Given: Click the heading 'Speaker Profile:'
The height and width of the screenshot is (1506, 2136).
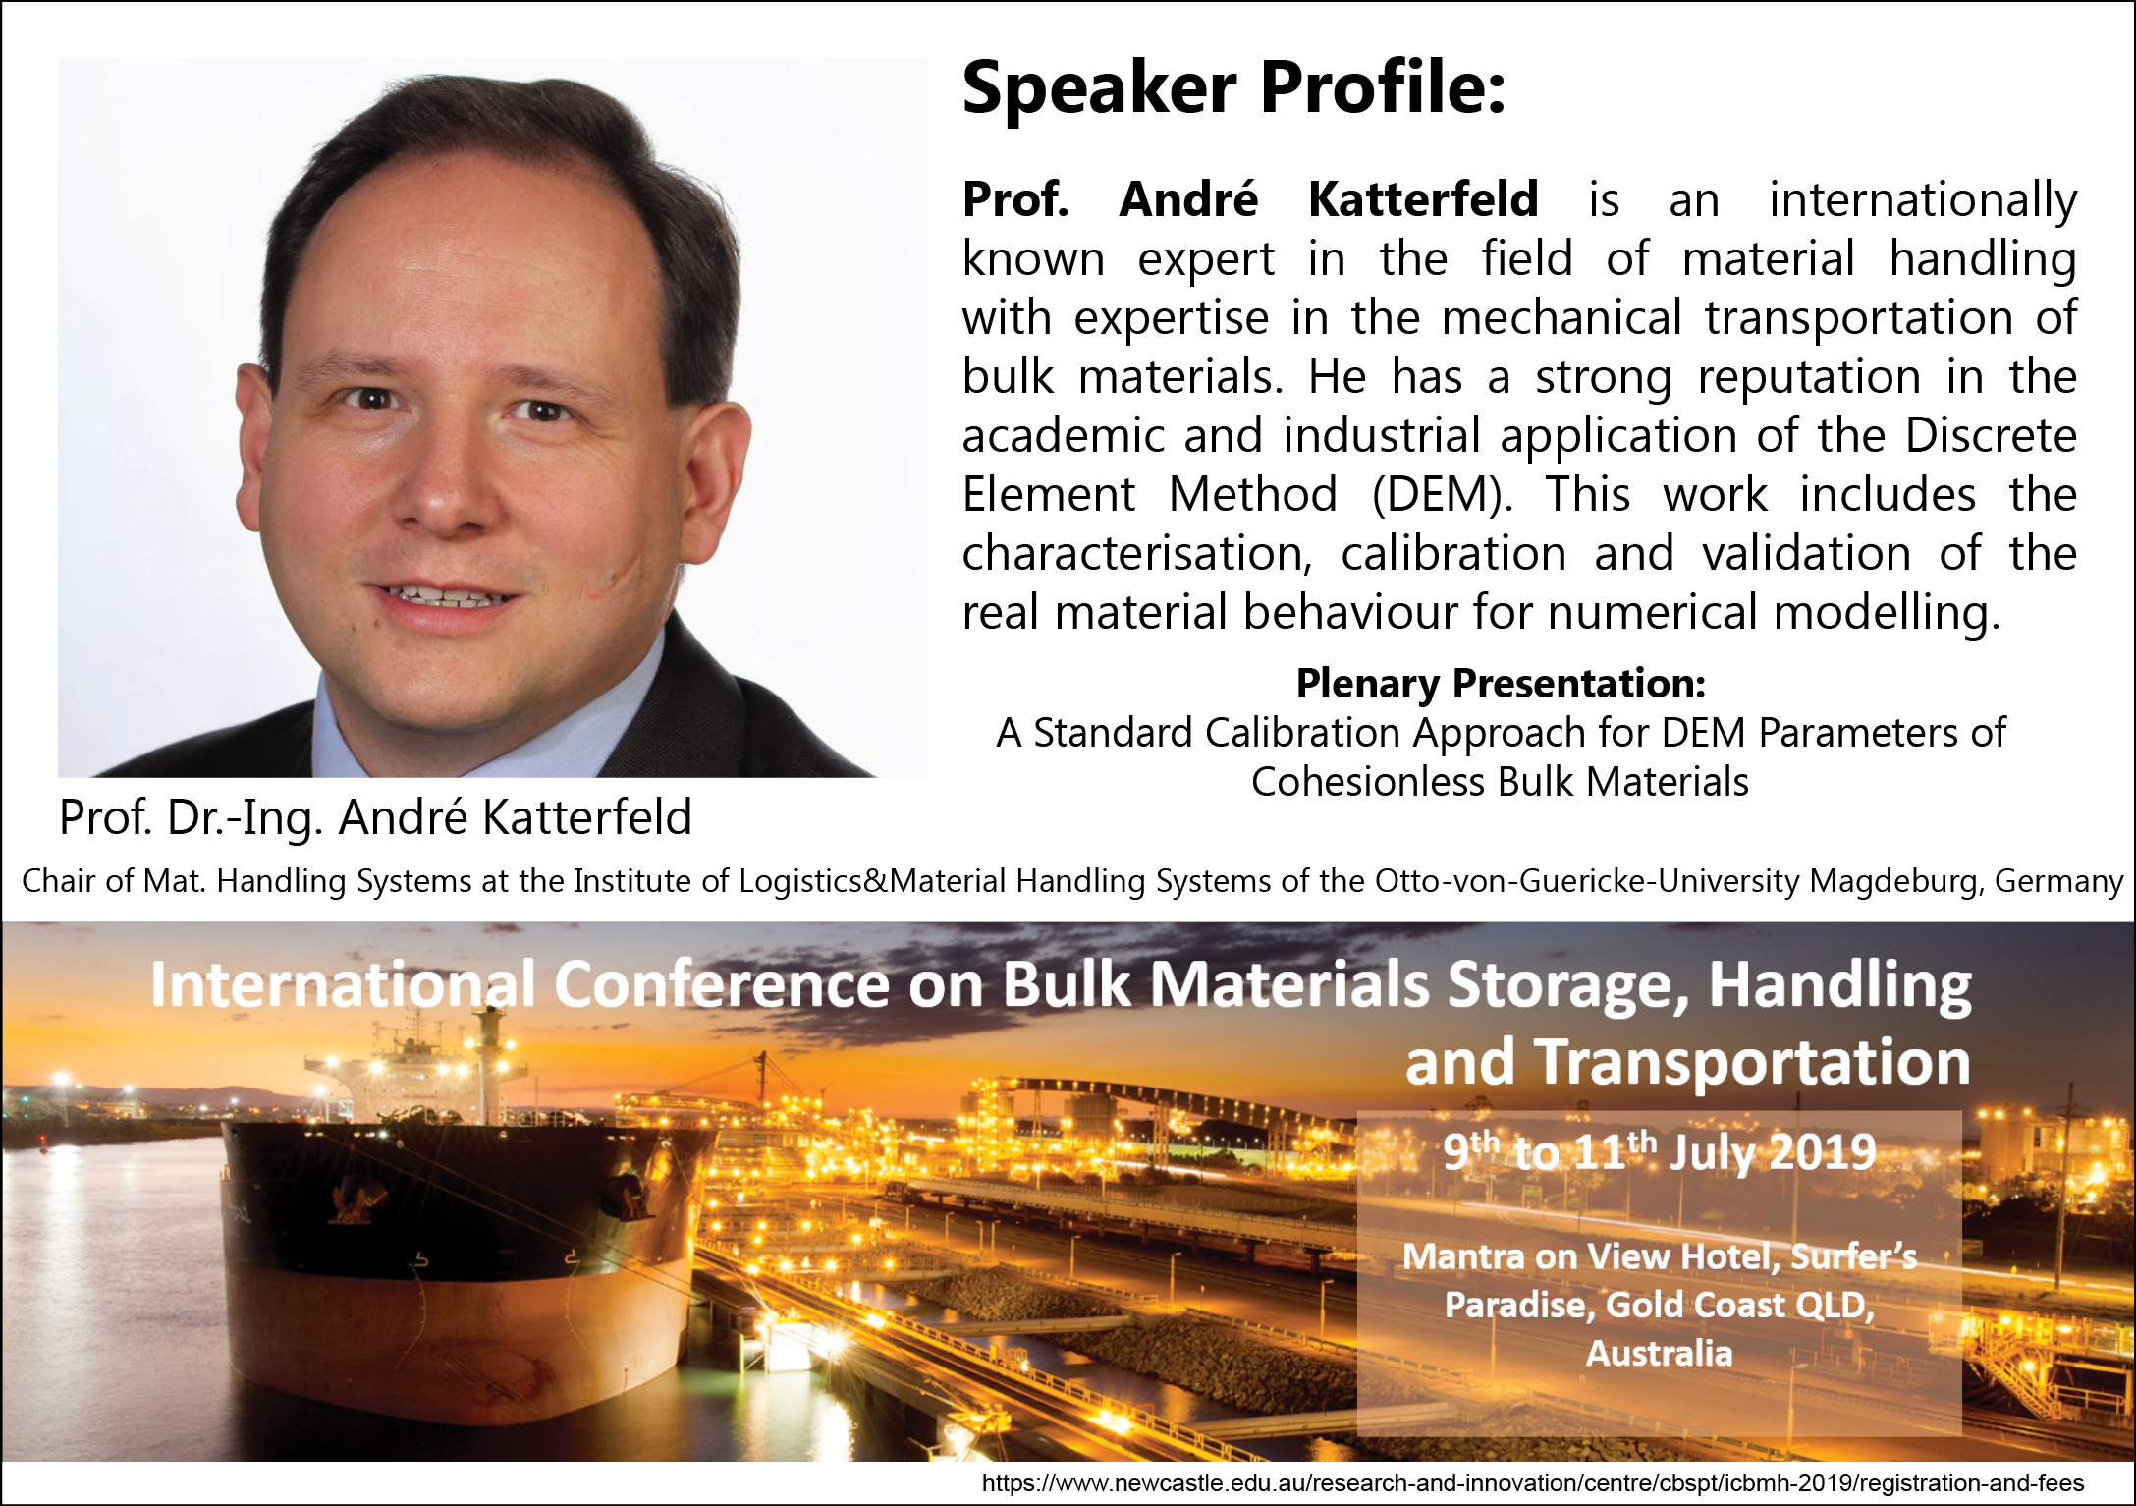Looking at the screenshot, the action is point(1233,87).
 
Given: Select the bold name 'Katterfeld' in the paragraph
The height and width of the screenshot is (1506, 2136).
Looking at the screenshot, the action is point(1423,199).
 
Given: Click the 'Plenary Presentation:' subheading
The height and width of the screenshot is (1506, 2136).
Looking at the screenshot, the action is point(1501,684).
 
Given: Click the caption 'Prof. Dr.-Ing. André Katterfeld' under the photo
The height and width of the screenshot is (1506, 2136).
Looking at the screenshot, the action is point(376,817).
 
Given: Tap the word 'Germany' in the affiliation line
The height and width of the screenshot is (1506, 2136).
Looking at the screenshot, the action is point(2058,881).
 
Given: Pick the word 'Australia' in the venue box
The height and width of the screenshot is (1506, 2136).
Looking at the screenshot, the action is point(1659,1353).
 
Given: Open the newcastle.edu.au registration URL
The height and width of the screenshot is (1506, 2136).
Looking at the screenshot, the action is point(1533,1483).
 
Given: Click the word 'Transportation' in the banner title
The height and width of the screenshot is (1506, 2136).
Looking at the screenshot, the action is point(1753,1062).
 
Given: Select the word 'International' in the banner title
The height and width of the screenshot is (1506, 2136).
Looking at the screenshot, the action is point(343,984).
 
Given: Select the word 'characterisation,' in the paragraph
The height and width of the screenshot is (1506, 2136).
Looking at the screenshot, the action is point(1137,555).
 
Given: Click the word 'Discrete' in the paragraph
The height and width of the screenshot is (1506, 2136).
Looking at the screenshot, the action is point(1991,435).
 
